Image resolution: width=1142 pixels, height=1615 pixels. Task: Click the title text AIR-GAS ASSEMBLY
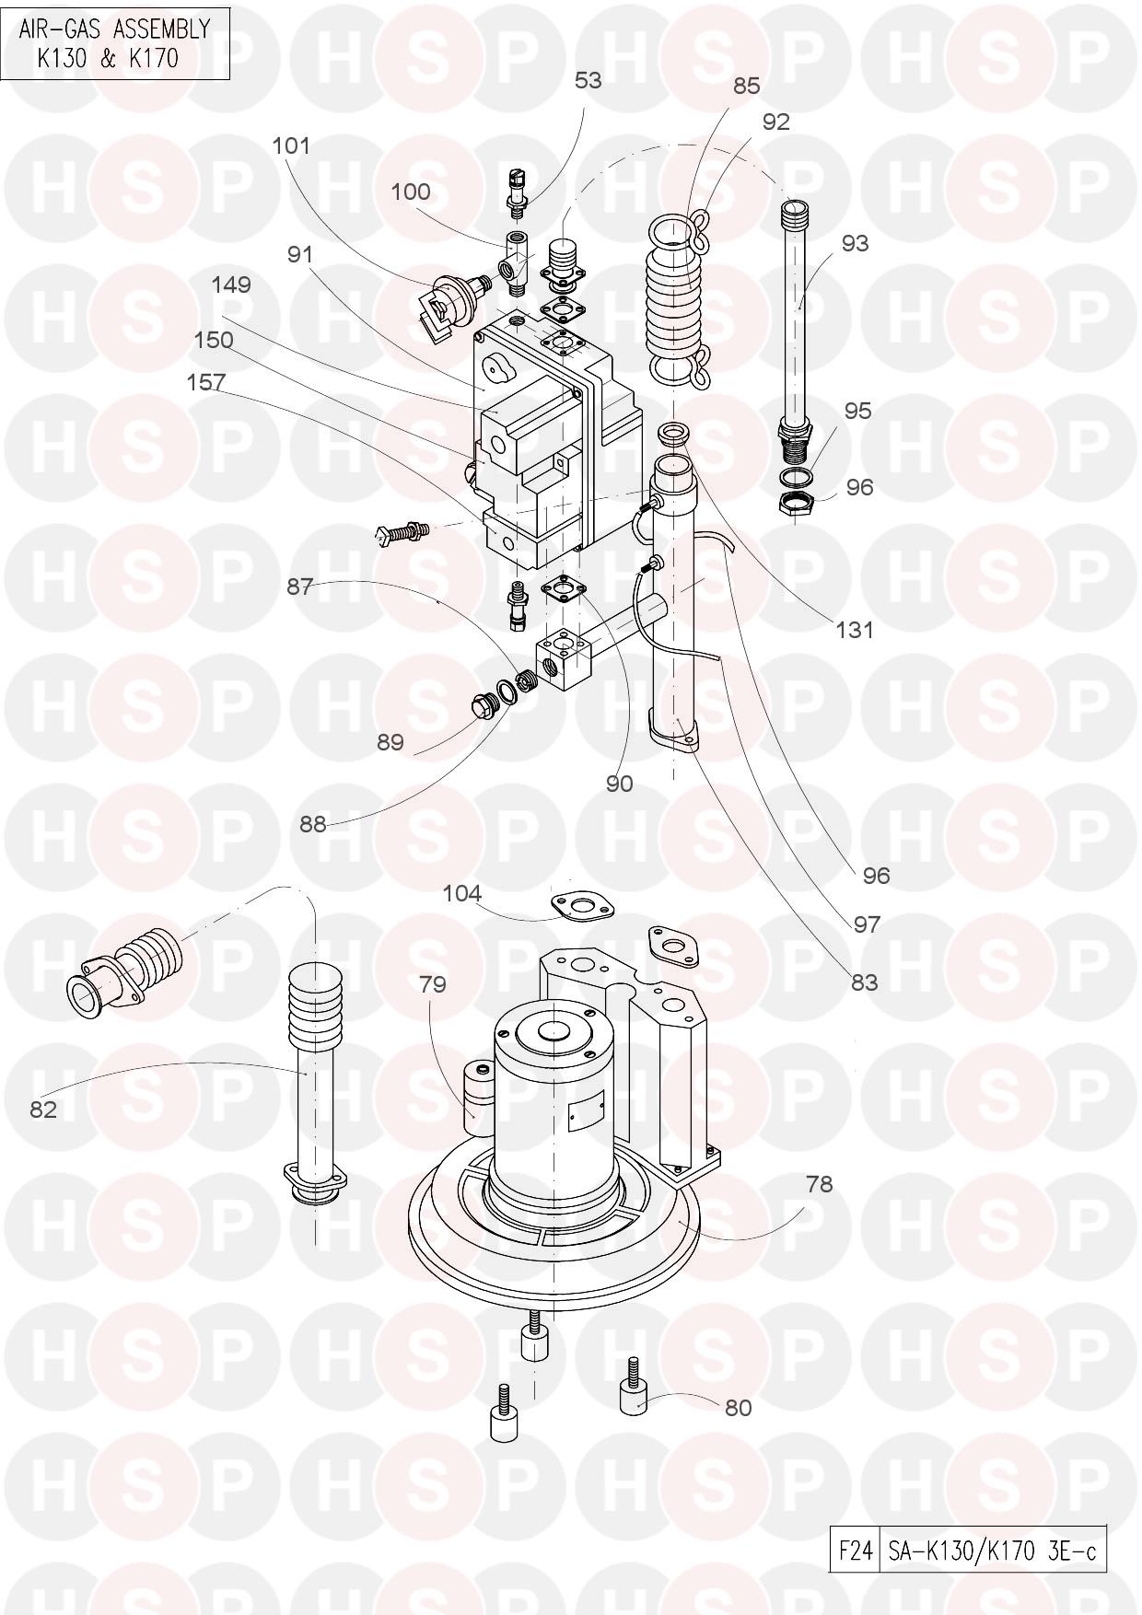114,29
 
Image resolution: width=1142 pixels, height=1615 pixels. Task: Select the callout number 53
588,81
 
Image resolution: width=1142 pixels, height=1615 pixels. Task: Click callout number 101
291,145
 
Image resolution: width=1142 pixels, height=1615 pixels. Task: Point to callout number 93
854,243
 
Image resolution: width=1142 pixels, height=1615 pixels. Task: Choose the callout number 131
854,630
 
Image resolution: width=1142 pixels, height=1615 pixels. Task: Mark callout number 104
462,893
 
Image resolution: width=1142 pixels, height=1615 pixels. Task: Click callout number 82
43,1110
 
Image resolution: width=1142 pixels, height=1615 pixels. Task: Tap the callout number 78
819,1184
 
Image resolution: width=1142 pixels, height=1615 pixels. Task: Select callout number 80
738,1408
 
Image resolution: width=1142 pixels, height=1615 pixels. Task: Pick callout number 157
206,381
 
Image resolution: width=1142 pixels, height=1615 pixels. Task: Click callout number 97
867,924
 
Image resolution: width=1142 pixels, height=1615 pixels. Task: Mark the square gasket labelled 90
559,587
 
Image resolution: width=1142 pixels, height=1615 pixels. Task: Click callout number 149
231,285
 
